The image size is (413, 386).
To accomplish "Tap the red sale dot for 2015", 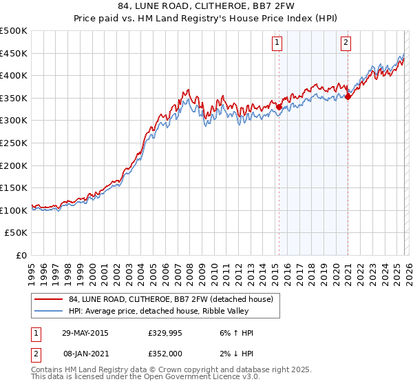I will pyautogui.click(x=279, y=107).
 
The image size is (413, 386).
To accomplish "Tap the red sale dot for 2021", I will pyautogui.click(x=348, y=96).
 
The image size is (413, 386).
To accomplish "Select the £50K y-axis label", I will pyautogui.click(x=17, y=233).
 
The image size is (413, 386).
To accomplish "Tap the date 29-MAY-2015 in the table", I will pyautogui.click(x=85, y=333).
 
